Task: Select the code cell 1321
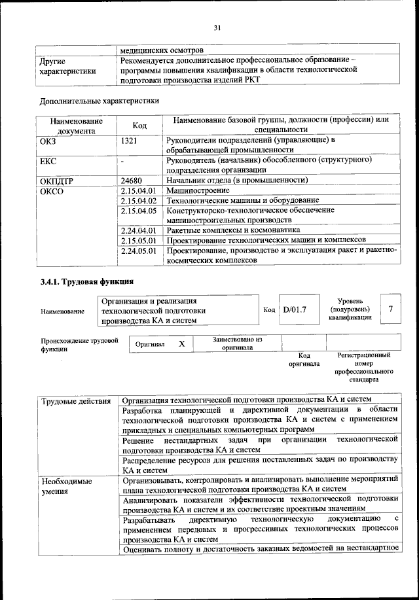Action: [132, 139]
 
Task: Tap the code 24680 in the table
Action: [134, 180]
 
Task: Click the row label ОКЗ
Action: [50, 139]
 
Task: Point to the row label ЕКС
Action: [49, 160]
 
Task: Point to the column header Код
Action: [139, 125]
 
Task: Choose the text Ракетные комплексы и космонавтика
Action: [234, 230]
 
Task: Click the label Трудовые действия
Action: [75, 400]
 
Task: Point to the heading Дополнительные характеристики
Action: [99, 101]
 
